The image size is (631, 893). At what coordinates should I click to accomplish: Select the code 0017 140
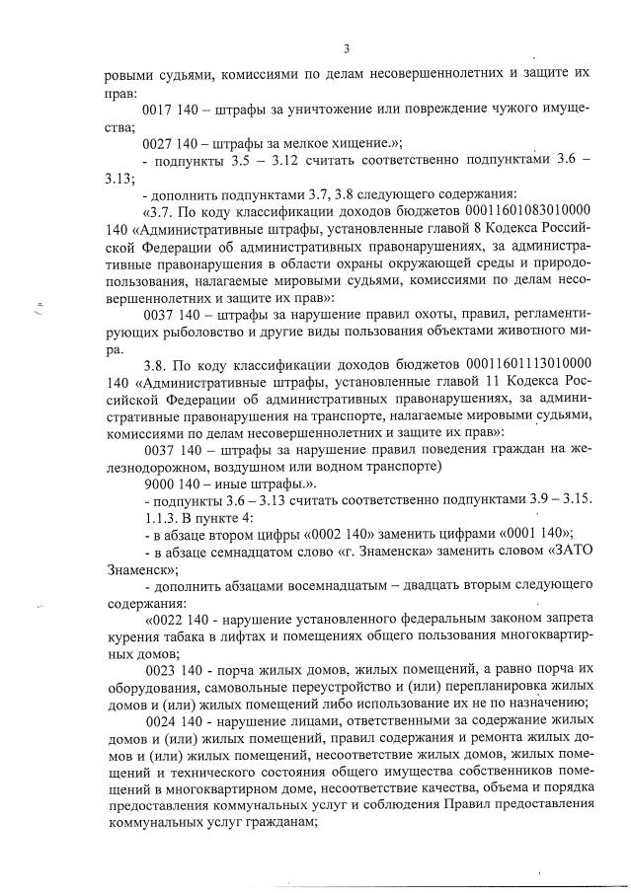174,109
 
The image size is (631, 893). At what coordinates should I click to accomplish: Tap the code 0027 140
174,145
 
